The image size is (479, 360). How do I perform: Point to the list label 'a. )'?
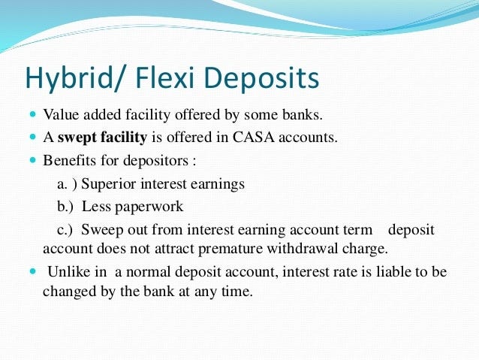click(x=65, y=183)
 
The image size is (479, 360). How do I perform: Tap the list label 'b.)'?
click(x=66, y=206)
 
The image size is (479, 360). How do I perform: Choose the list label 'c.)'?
click(x=66, y=228)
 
